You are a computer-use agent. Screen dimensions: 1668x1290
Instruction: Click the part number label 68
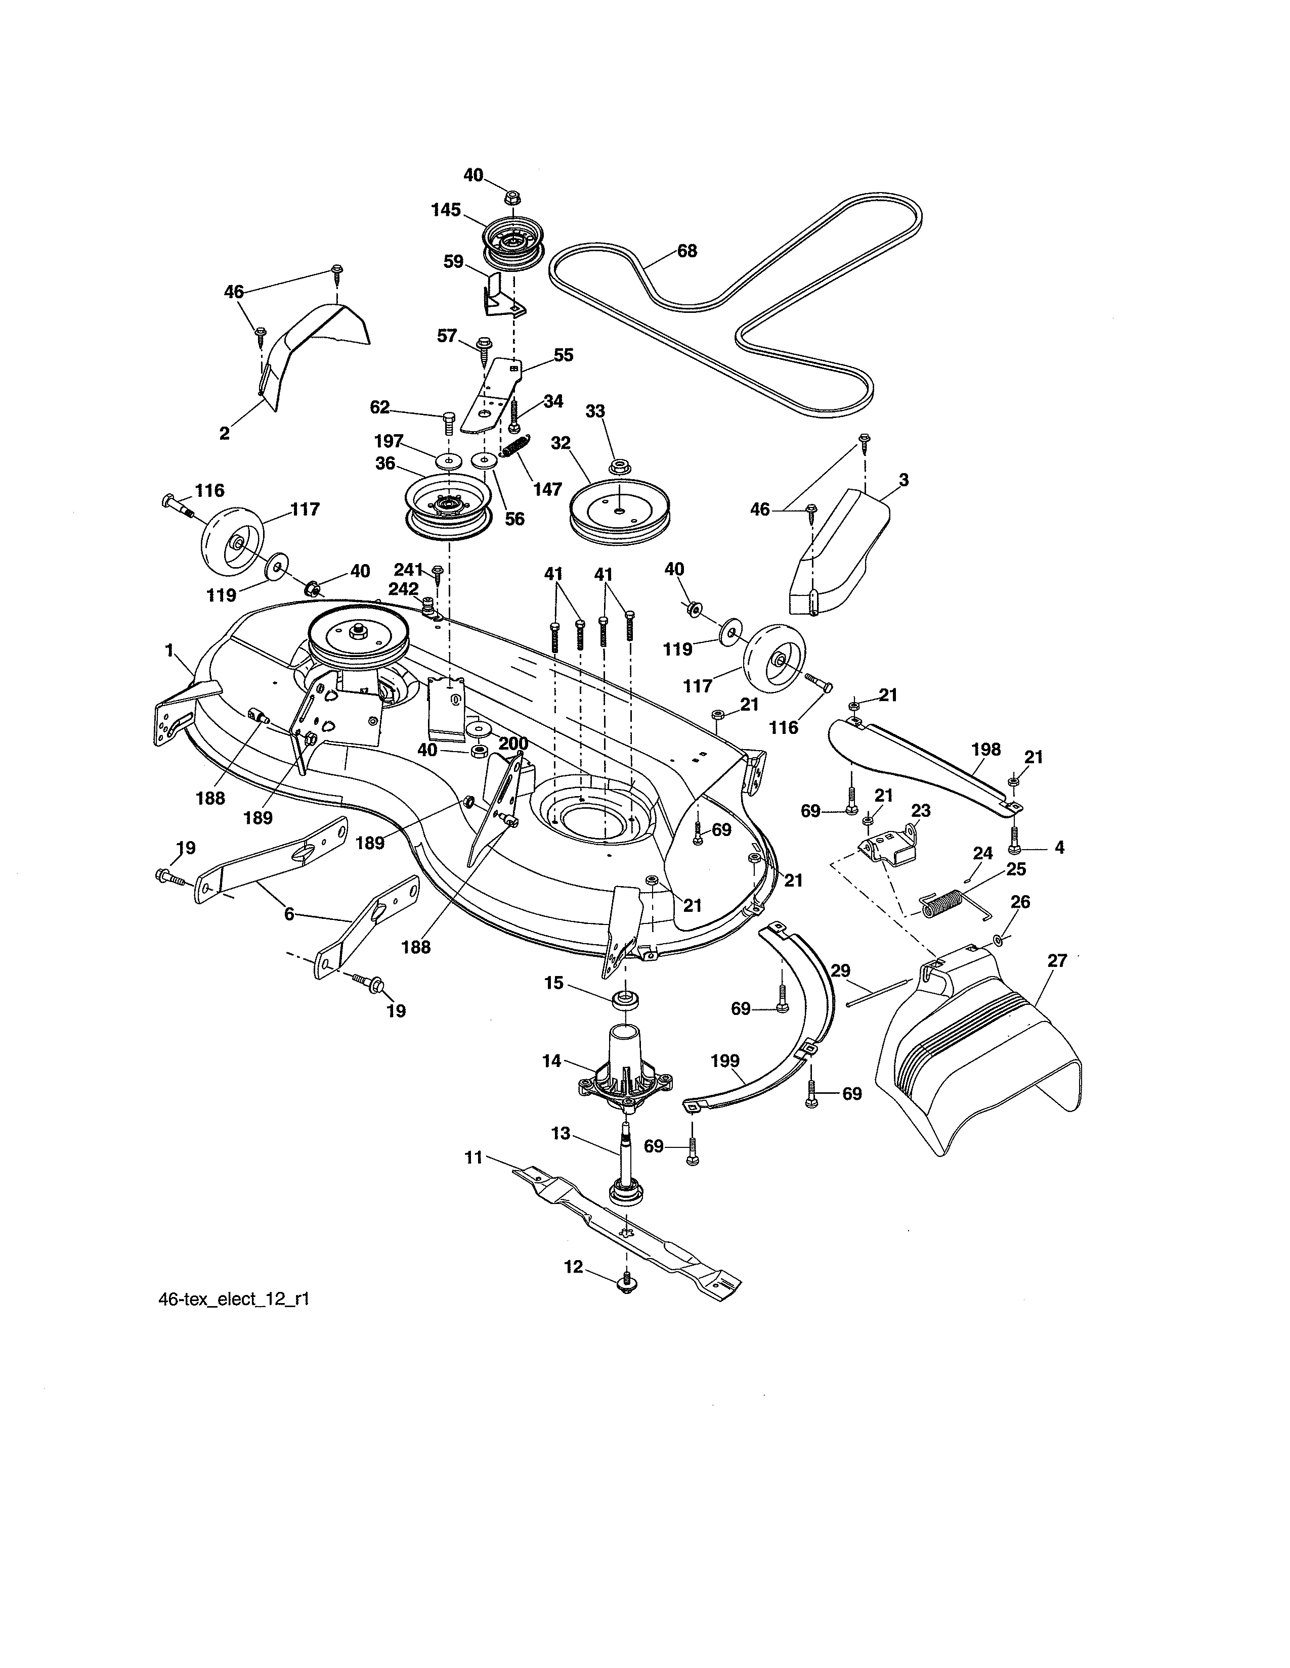[687, 251]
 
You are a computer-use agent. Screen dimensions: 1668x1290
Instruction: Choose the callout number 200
[513, 743]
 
